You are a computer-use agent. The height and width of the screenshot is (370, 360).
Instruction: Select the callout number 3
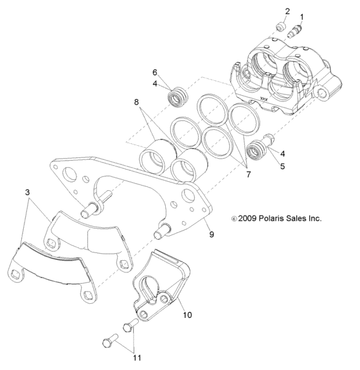[26, 192]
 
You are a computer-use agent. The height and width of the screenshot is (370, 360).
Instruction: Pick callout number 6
[154, 73]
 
